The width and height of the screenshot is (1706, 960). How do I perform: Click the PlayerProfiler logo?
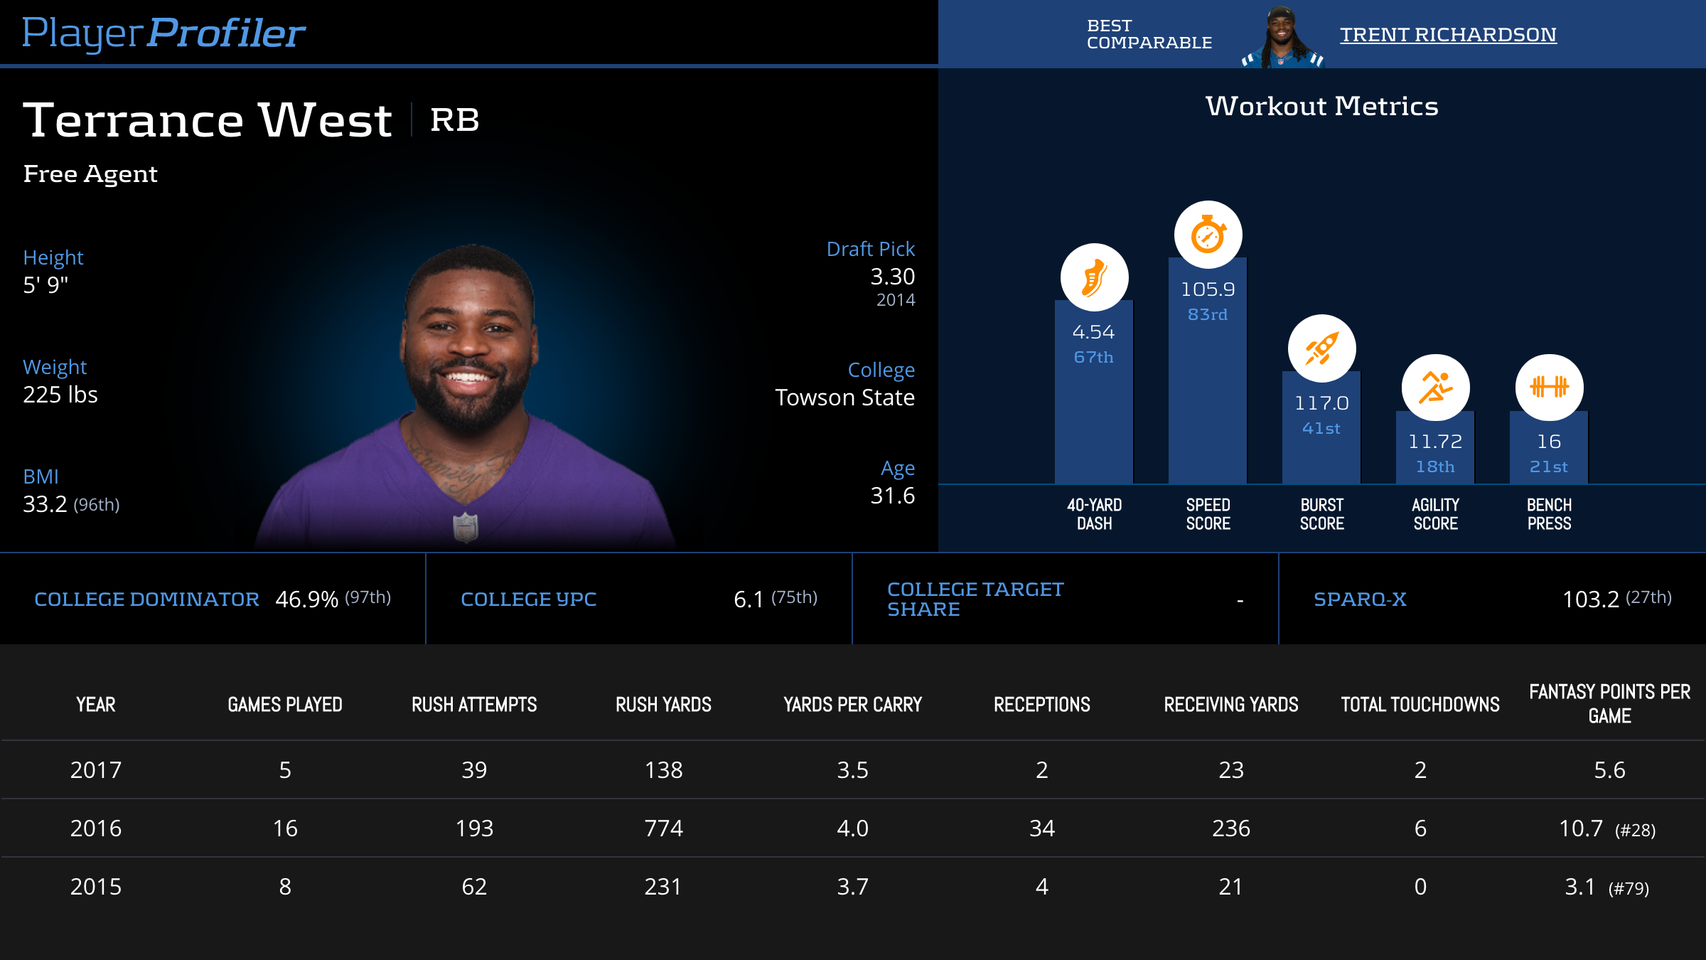tap(163, 33)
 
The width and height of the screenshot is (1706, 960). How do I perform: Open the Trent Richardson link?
tap(1448, 34)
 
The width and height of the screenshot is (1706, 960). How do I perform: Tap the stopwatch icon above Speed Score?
tap(1208, 235)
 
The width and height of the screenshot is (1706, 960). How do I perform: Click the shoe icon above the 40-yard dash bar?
tap(1094, 277)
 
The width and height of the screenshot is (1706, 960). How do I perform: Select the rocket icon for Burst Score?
tap(1321, 348)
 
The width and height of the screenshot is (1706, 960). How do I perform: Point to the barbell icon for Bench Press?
tap(1549, 388)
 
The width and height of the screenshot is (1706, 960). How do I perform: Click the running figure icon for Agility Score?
tap(1435, 388)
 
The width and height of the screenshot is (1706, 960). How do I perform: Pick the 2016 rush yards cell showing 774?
tap(663, 828)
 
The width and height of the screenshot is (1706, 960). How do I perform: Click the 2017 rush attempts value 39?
tap(474, 770)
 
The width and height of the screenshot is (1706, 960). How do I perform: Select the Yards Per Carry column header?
tap(852, 705)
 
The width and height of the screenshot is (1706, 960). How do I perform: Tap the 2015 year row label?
tap(96, 887)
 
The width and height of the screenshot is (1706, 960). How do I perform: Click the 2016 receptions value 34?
tap(1041, 828)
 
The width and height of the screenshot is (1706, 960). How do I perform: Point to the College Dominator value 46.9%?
tap(306, 599)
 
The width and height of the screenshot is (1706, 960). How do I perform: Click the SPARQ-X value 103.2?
tap(1590, 599)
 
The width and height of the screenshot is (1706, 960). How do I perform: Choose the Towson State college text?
tap(844, 398)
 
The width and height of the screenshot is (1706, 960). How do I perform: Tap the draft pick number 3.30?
tap(892, 277)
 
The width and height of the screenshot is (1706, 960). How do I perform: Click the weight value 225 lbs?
tap(60, 395)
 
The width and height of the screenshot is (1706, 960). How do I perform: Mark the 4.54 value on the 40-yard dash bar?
tap(1093, 332)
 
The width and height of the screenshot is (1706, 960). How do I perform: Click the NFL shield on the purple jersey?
tap(466, 527)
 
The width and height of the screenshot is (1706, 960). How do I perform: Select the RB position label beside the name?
tap(455, 120)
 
